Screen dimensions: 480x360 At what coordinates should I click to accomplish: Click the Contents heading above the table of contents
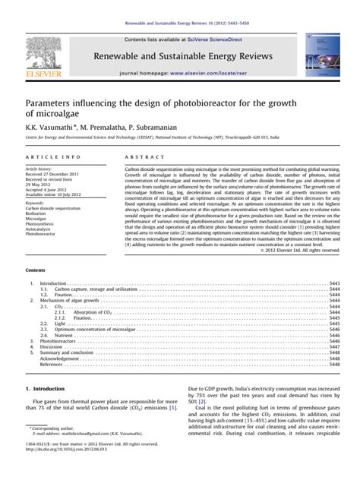[36, 270]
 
